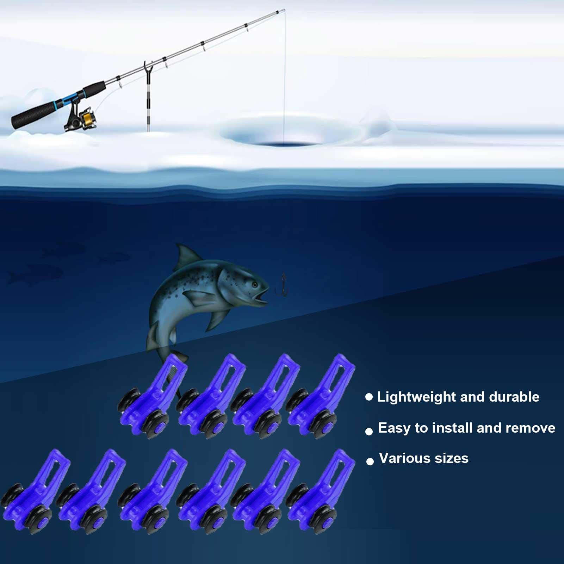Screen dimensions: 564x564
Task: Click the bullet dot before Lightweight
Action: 369,397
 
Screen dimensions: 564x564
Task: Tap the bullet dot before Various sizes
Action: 370,461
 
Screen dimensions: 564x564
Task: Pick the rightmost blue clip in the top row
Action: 321,396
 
